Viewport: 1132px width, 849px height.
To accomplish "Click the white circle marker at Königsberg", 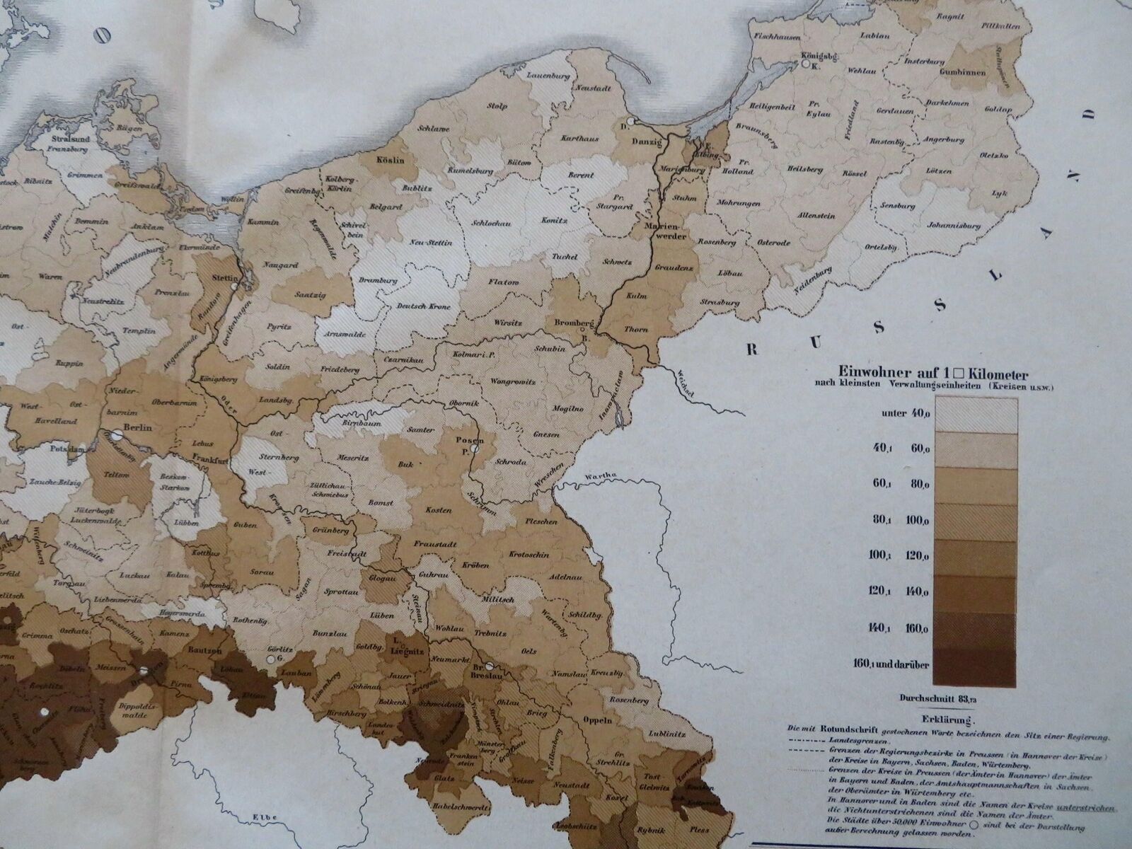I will [805, 64].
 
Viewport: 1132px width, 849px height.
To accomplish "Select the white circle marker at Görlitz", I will [270, 659].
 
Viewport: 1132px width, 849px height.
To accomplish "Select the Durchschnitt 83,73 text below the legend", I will [934, 698].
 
